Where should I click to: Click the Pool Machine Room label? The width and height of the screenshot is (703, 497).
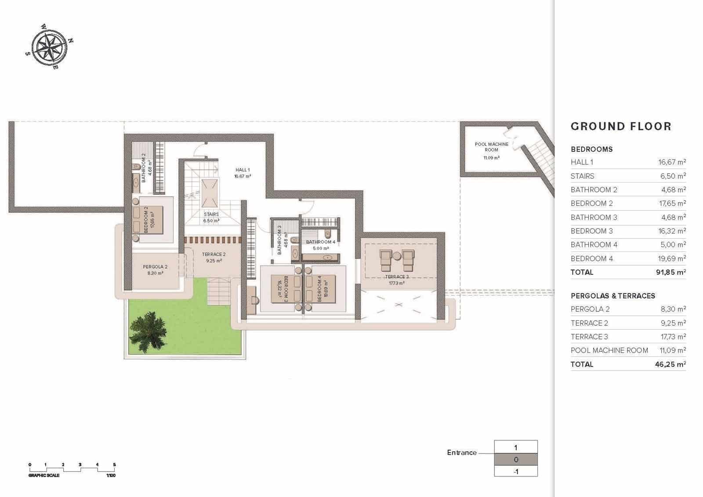(x=492, y=147)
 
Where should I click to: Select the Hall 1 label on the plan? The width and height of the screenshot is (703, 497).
(x=243, y=170)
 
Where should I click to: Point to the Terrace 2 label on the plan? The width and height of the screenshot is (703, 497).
(x=214, y=255)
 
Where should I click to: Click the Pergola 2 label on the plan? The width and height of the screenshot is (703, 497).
(x=155, y=267)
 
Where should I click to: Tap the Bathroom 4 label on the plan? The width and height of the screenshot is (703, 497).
(x=321, y=242)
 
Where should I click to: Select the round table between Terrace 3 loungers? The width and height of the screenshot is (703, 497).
(x=397, y=255)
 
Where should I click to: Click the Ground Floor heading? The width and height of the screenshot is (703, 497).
(x=621, y=126)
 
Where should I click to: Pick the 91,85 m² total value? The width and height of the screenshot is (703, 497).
(x=670, y=272)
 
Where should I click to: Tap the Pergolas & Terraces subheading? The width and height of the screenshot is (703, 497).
(x=612, y=296)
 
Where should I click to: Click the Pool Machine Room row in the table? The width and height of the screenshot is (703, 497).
(x=609, y=350)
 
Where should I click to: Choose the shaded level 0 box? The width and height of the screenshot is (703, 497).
(x=516, y=460)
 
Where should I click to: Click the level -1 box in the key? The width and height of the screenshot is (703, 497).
(x=516, y=472)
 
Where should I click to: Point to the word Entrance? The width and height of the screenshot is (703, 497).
(x=461, y=453)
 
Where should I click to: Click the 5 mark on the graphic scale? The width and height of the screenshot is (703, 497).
(x=114, y=465)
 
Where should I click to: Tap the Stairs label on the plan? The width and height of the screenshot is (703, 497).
(x=211, y=214)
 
